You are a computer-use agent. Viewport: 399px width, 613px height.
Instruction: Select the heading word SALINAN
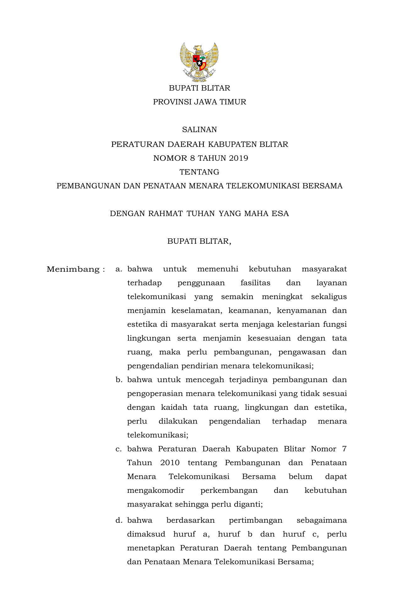click(x=199, y=130)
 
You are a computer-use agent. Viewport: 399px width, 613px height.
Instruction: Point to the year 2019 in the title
click(x=238, y=158)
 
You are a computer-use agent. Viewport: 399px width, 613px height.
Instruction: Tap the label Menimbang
click(x=73, y=270)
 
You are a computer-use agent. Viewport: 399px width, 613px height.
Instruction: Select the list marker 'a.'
click(x=118, y=269)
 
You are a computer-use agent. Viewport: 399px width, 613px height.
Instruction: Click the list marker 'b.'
click(x=118, y=380)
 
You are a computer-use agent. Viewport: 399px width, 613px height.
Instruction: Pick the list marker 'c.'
click(x=118, y=449)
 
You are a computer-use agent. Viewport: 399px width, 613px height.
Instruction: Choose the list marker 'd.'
click(x=118, y=520)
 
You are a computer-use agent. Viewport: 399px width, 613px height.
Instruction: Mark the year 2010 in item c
click(x=170, y=463)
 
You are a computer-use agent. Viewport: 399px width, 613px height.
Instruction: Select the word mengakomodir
click(x=156, y=491)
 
